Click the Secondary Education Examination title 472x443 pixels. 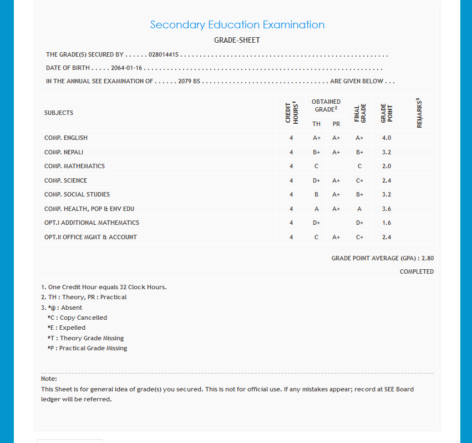pyautogui.click(x=237, y=25)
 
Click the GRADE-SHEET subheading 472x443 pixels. pyautogui.click(x=237, y=41)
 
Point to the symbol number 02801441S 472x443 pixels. pyautogui.click(x=164, y=55)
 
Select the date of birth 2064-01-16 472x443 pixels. pyautogui.click(x=126, y=68)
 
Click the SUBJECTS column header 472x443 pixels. pyautogui.click(x=59, y=113)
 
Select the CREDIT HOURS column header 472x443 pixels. pyautogui.click(x=291, y=113)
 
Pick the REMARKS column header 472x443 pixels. pyautogui.click(x=419, y=113)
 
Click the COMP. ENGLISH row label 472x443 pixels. pyautogui.click(x=66, y=138)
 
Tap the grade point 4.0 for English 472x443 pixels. pyautogui.click(x=387, y=138)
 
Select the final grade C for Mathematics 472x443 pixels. pyautogui.click(x=359, y=166)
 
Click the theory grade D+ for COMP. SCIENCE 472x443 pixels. pyautogui.click(x=316, y=180)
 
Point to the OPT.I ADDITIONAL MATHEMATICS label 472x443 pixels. pyautogui.click(x=92, y=223)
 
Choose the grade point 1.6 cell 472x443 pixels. pyautogui.click(x=387, y=223)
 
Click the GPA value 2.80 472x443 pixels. pyautogui.click(x=427, y=258)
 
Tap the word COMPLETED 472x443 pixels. pyautogui.click(x=417, y=271)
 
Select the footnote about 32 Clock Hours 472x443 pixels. pyautogui.click(x=104, y=287)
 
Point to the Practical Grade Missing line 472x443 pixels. pyautogui.click(x=88, y=348)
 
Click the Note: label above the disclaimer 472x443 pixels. pyautogui.click(x=49, y=379)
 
